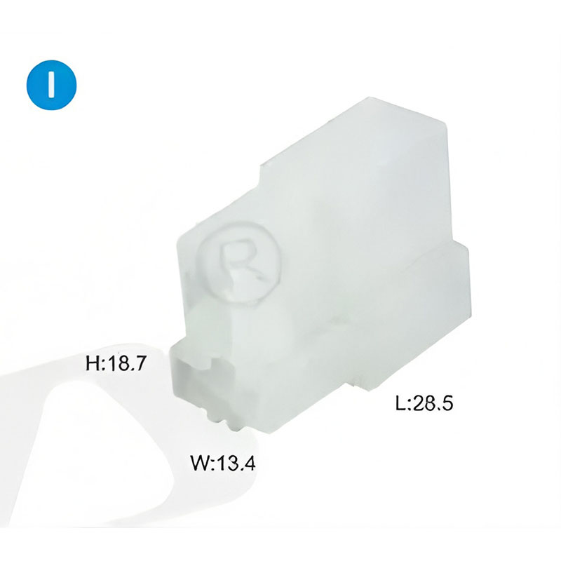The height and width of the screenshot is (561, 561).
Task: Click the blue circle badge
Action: (51, 85)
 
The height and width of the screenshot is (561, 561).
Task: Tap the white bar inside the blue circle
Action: (52, 84)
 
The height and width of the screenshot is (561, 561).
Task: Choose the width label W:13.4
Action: (223, 464)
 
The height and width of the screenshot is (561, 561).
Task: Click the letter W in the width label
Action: (199, 464)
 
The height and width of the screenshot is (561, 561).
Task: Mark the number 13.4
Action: (236, 464)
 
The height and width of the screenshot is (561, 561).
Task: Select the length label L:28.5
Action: (424, 403)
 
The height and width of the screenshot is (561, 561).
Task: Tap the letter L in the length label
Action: (400, 403)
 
